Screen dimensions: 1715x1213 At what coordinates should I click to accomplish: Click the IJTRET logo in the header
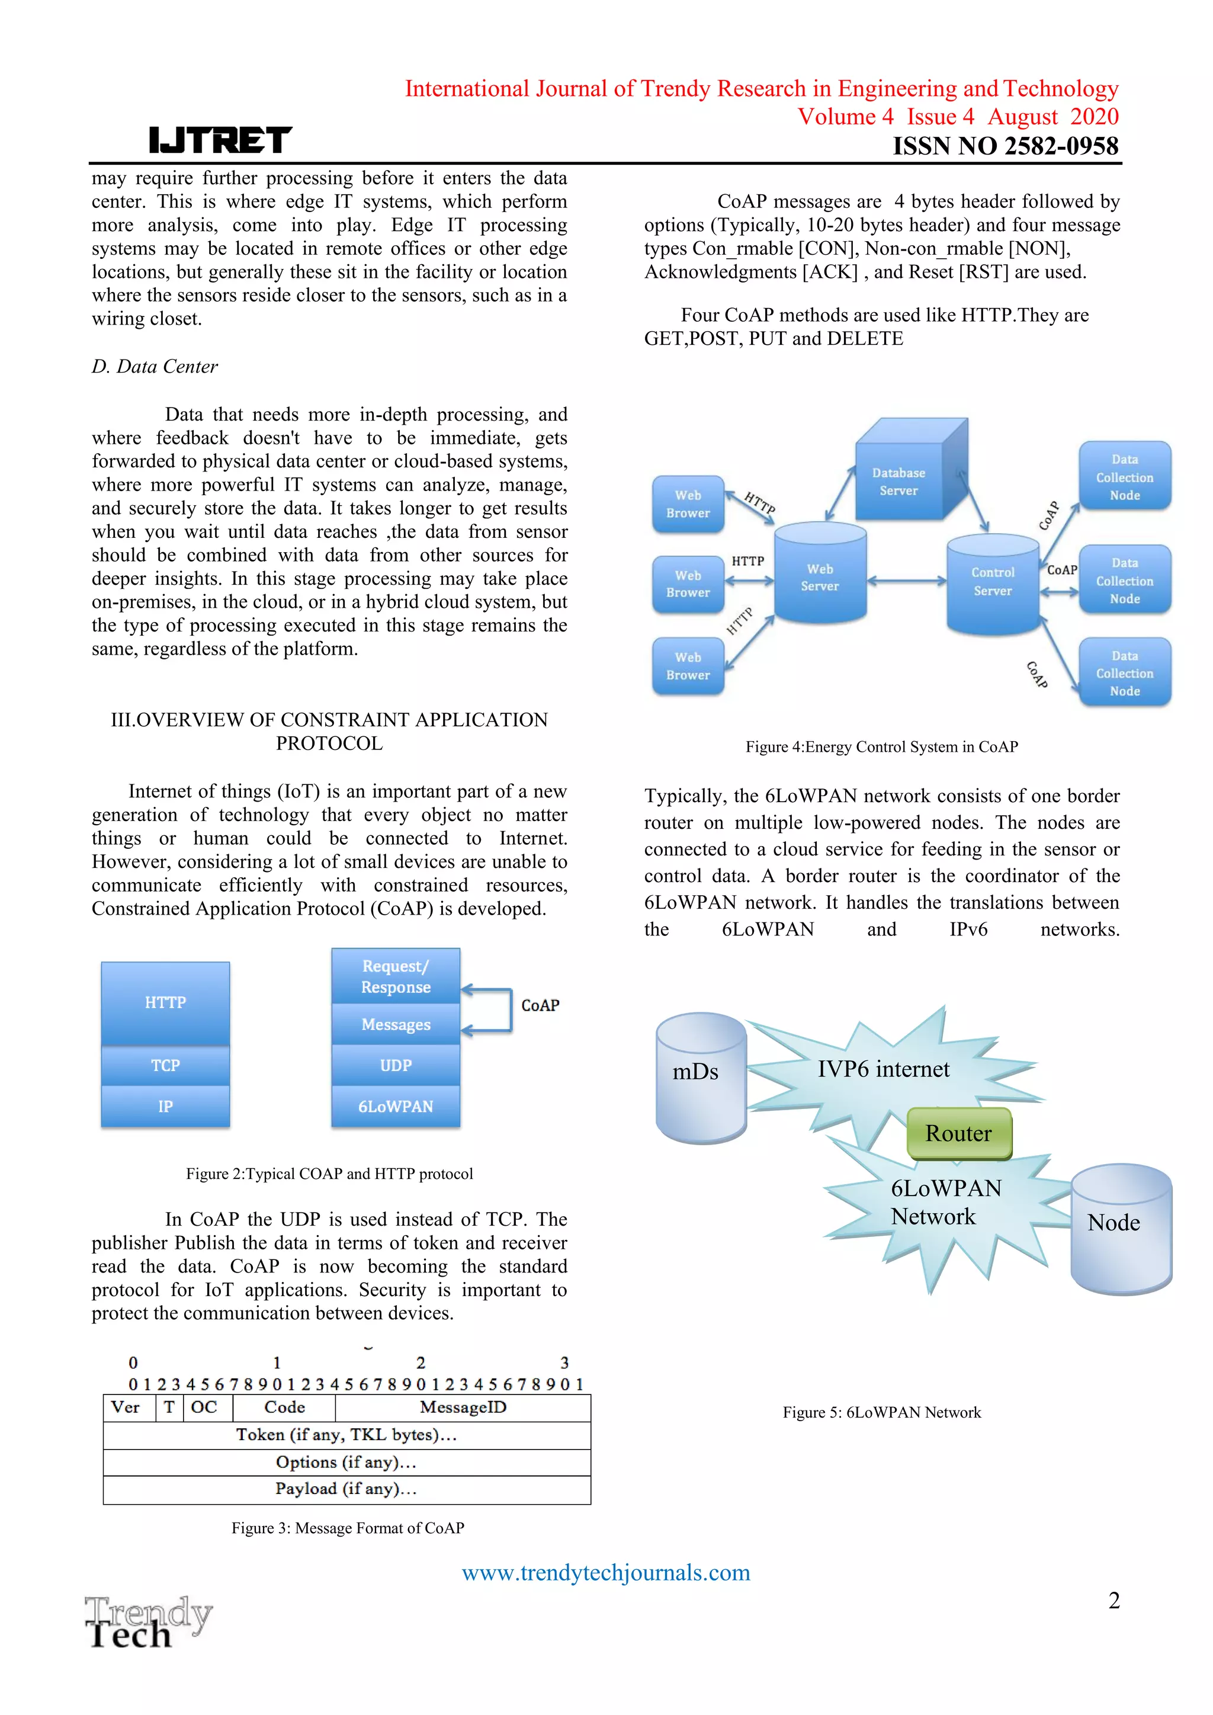click(x=220, y=140)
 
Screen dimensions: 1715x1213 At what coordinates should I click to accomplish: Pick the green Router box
click(x=959, y=1133)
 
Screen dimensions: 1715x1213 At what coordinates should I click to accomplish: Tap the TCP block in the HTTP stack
click(x=166, y=1065)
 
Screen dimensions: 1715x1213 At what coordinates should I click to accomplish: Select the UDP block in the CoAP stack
click(x=396, y=1065)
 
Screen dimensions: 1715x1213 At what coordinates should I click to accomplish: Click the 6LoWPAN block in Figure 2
click(x=396, y=1106)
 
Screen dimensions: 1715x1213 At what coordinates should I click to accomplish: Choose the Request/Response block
click(x=396, y=976)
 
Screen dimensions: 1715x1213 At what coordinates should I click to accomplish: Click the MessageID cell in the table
click(x=463, y=1408)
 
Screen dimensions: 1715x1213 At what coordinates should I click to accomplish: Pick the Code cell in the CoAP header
click(x=284, y=1408)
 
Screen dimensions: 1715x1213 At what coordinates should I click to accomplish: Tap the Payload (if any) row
click(x=346, y=1489)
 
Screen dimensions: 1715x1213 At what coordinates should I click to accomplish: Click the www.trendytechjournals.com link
click(x=606, y=1572)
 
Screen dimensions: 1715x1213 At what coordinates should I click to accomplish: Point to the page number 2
click(x=1113, y=1600)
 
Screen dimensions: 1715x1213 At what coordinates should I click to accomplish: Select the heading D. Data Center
click(x=155, y=367)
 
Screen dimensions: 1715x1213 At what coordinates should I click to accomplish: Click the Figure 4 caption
click(x=881, y=747)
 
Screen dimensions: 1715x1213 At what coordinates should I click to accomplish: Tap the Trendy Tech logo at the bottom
click(x=148, y=1621)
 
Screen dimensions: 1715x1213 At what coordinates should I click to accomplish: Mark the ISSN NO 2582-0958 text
click(x=1005, y=146)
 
